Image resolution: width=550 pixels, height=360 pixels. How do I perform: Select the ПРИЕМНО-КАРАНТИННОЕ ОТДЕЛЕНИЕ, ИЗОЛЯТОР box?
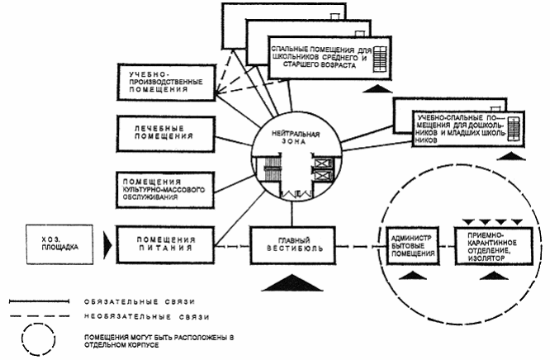tap(491, 245)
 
